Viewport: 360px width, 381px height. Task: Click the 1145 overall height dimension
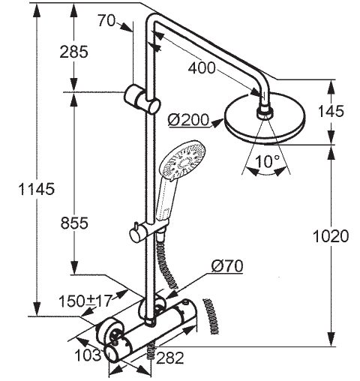coord(37,189)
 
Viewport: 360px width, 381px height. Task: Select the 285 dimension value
coord(74,52)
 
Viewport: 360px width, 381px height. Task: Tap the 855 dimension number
coord(74,223)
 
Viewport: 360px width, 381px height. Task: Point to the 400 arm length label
coord(202,68)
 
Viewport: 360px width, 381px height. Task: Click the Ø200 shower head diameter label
coord(188,120)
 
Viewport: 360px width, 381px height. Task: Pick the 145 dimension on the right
coord(331,111)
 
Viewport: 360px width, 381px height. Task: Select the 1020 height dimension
coord(331,236)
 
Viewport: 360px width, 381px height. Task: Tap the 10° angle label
coord(268,161)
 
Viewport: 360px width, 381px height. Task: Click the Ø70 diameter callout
coord(227,266)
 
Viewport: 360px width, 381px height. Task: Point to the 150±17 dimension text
coord(85,301)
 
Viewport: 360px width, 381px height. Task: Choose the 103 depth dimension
coord(88,355)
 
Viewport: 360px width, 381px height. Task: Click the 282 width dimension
coord(170,358)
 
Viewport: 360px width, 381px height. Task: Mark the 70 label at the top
coord(106,20)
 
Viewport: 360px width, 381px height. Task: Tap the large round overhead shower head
coord(265,118)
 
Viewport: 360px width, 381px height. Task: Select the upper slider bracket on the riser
coord(142,100)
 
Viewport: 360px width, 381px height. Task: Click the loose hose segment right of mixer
coord(211,316)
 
